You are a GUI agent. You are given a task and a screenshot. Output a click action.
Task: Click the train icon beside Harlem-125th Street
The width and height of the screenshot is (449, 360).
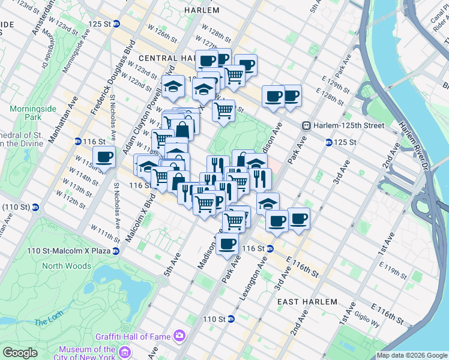306,125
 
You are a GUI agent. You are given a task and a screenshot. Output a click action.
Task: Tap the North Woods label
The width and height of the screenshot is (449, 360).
67,266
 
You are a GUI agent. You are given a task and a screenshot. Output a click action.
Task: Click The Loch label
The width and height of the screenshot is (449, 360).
45,322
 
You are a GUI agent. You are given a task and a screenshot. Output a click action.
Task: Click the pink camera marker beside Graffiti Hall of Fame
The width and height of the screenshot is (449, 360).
178,335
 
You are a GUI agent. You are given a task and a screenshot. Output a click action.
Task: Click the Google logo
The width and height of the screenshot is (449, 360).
20,353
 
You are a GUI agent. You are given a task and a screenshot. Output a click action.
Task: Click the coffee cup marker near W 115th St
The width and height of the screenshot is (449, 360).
104,157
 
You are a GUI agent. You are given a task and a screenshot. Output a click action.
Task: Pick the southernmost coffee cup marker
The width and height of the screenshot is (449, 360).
228,244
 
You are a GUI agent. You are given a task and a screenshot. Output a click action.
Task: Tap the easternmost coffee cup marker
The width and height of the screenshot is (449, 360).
298,219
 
